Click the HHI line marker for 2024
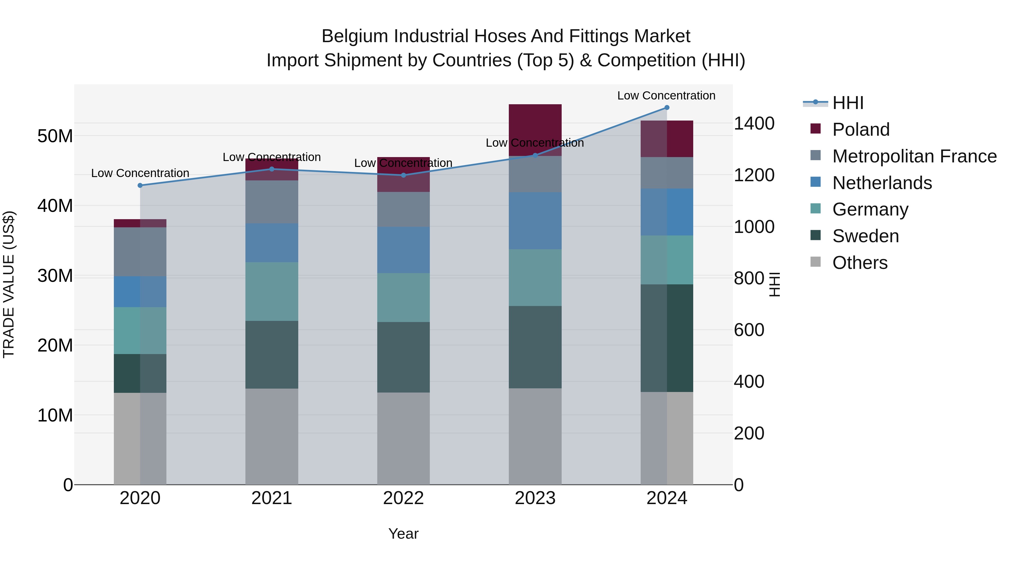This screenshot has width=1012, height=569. pyautogui.click(x=667, y=108)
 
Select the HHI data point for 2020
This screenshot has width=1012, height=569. pyautogui.click(x=140, y=185)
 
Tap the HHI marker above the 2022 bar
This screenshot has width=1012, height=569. pyautogui.click(x=403, y=175)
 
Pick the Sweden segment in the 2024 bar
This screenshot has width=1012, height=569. pyautogui.click(x=667, y=338)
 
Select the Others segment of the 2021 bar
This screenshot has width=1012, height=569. pyautogui.click(x=272, y=436)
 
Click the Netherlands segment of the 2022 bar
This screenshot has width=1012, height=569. pyautogui.click(x=403, y=250)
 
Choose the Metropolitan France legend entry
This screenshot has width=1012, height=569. pyautogui.click(x=914, y=156)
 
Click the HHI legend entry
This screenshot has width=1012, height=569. pyautogui.click(x=848, y=103)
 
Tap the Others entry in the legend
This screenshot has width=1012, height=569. pyautogui.click(x=860, y=263)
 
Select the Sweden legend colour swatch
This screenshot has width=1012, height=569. pyautogui.click(x=816, y=235)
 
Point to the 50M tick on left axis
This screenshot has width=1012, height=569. pyautogui.click(x=55, y=136)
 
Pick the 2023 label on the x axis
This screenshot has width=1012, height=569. pyautogui.click(x=535, y=498)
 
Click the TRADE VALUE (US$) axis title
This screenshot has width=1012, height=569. pyautogui.click(x=9, y=284)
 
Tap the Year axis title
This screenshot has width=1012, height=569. pyautogui.click(x=403, y=534)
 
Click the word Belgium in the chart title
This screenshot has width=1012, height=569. pyautogui.click(x=355, y=36)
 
